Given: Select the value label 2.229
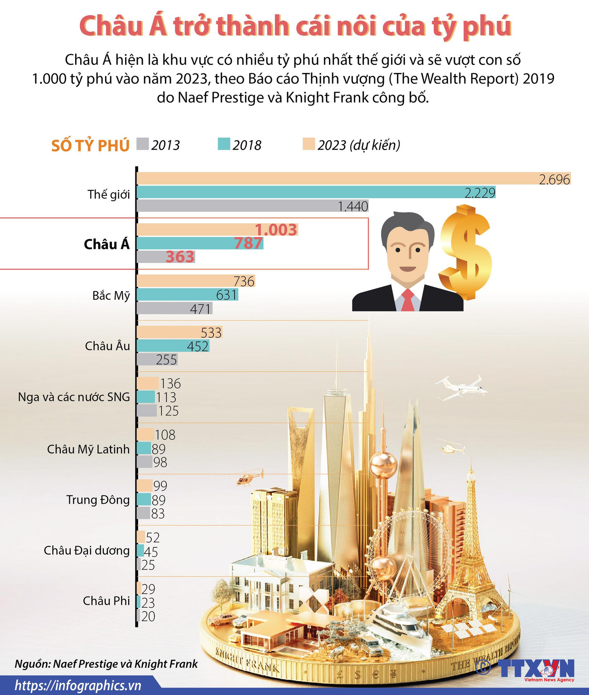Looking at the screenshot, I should point(480,193).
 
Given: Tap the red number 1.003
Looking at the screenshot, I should point(276,230).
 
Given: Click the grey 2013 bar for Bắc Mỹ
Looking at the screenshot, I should point(174,309).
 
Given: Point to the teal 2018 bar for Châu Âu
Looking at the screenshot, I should point(173,346).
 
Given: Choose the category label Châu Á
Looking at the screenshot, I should point(106,244).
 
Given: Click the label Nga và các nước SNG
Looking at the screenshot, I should point(74,397).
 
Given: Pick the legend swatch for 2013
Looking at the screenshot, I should point(142,144).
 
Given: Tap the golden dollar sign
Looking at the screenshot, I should point(466,252).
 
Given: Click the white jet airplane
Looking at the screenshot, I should point(461,388).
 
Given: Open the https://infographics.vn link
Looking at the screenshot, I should point(78,685).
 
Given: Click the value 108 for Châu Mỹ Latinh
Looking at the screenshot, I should point(165,435).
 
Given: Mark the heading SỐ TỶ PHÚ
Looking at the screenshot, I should point(90,146).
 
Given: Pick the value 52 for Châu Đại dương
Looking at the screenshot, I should point(153,538).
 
